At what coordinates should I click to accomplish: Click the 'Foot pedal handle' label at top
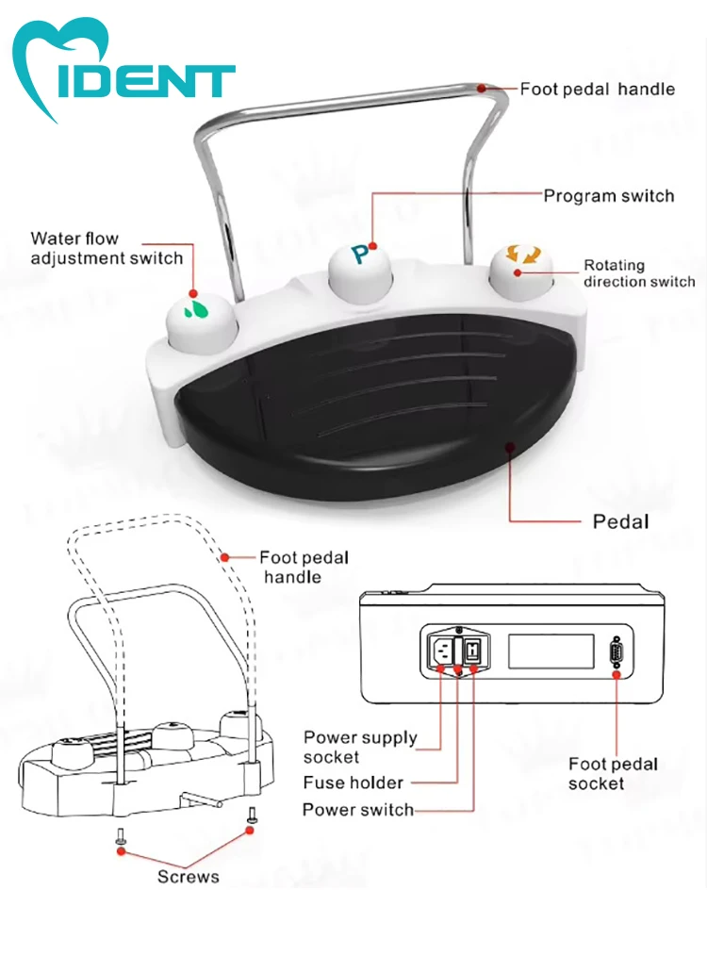coord(597,90)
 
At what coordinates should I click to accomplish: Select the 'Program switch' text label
coord(608,196)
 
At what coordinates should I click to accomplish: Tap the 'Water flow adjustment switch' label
coord(106,248)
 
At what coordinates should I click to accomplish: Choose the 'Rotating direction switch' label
coord(638,273)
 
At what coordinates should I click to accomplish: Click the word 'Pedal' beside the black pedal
coord(620,520)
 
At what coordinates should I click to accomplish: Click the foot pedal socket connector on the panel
coord(617,651)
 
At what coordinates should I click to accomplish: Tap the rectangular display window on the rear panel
coord(551,651)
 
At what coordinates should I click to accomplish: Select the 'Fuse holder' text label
coord(353,783)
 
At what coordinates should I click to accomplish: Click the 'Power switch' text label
coord(357,810)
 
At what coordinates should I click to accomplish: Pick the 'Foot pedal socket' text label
coord(613,773)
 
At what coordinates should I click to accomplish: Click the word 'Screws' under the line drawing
coord(188,877)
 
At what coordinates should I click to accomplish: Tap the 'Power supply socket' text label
coord(359,747)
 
